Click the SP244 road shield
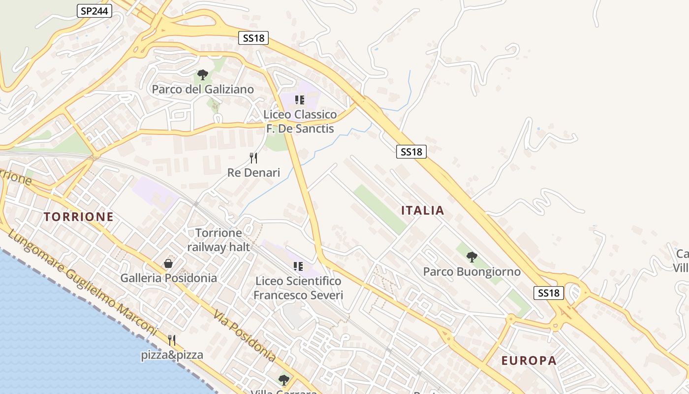(x=94, y=11)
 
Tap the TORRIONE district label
(x=79, y=217)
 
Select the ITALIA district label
(x=423, y=211)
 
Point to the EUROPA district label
(x=529, y=361)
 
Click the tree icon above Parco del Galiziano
(x=202, y=75)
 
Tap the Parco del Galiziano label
(x=203, y=89)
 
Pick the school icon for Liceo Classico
(x=300, y=100)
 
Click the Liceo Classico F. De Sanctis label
(x=300, y=122)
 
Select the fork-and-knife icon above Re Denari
(x=253, y=158)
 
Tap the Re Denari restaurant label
(x=253, y=172)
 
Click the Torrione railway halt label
(x=219, y=240)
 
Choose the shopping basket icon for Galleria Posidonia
(x=168, y=263)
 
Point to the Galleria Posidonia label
(x=169, y=278)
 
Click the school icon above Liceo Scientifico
(x=298, y=266)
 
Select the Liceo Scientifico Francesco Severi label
(x=298, y=288)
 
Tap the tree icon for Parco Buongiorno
(x=471, y=257)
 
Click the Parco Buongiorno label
(x=472, y=271)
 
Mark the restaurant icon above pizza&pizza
(x=172, y=340)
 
